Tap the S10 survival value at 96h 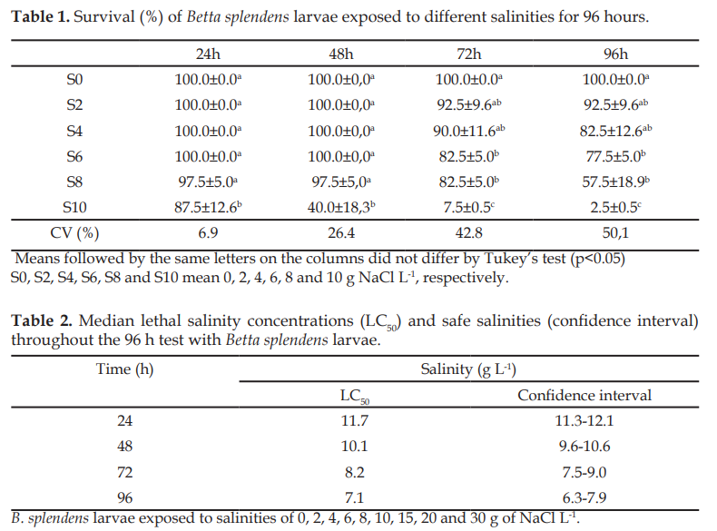click(x=616, y=208)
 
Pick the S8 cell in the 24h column click(x=208, y=182)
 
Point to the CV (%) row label click(x=74, y=233)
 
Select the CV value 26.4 click(x=340, y=233)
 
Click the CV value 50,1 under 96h click(x=615, y=233)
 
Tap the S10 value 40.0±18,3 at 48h click(x=341, y=208)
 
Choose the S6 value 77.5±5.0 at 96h click(x=616, y=156)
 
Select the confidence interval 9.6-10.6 click(x=584, y=446)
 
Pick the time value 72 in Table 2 click(x=124, y=471)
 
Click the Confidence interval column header click(x=584, y=395)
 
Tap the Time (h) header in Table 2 click(x=125, y=369)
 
